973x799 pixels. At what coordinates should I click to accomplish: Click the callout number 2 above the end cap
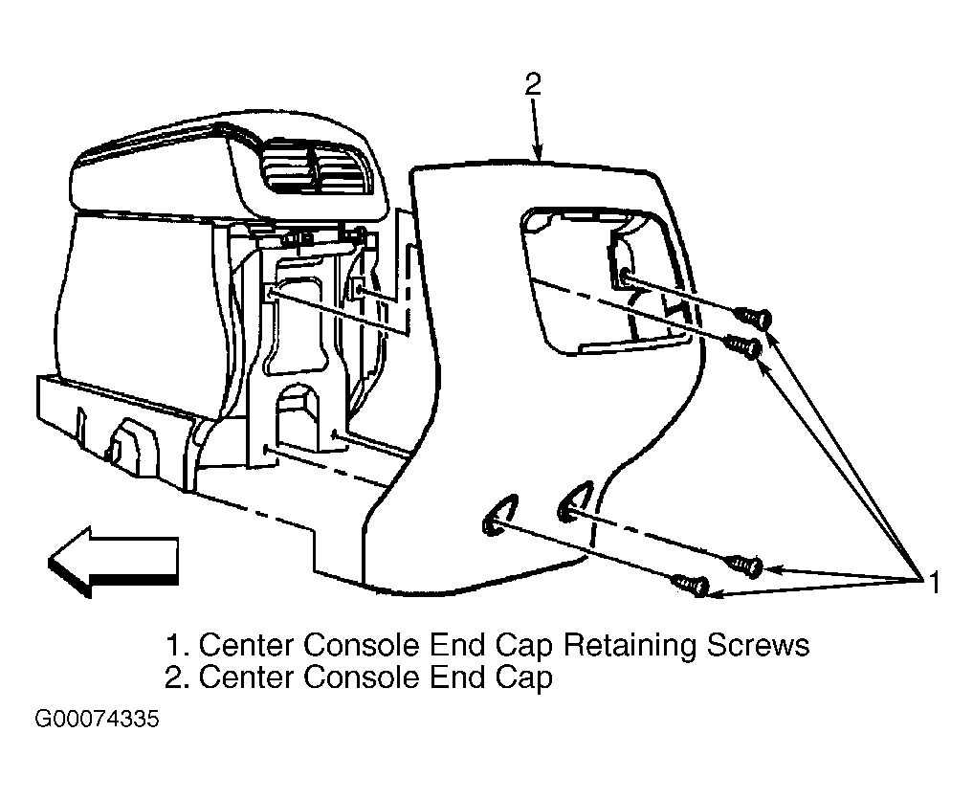(532, 84)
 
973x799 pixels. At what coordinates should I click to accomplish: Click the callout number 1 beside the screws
(934, 583)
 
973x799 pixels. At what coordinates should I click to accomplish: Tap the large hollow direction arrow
(114, 562)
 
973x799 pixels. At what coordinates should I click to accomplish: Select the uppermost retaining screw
(754, 319)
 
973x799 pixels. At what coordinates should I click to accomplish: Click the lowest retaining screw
(692, 585)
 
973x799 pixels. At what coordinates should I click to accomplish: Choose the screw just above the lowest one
(745, 566)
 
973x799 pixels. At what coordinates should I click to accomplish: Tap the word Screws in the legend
(759, 646)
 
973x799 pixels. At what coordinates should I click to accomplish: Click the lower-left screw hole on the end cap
(498, 517)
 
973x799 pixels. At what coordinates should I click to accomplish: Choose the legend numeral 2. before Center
(177, 677)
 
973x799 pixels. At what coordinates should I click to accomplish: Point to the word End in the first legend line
(456, 646)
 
